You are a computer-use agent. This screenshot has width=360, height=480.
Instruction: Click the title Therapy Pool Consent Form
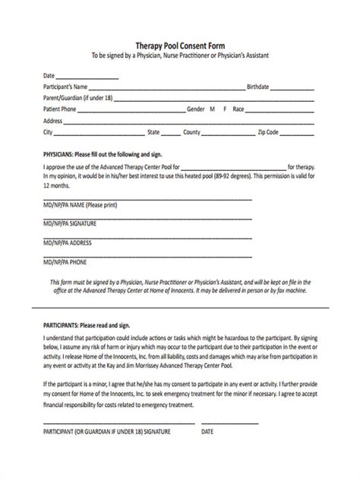pos(179,46)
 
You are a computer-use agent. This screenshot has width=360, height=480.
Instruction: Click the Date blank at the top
pos(87,77)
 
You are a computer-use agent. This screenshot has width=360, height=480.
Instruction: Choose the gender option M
pos(212,109)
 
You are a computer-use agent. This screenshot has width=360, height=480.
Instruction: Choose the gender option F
pos(224,109)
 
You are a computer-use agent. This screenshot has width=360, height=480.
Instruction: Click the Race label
pos(239,109)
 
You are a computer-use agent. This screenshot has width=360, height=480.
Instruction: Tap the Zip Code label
pos(267,131)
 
